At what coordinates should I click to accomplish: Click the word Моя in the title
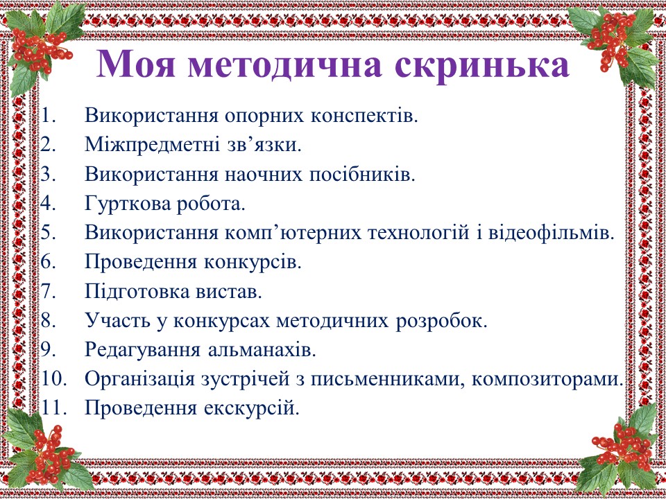(x=135, y=64)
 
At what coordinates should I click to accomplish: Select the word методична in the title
(x=284, y=65)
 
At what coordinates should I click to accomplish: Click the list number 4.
(x=49, y=203)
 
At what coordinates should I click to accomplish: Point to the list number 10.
(x=54, y=378)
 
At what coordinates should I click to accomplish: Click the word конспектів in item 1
(x=364, y=116)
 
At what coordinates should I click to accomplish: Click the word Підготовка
(x=137, y=292)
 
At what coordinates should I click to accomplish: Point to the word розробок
(x=441, y=321)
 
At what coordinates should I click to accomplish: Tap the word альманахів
(x=262, y=350)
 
